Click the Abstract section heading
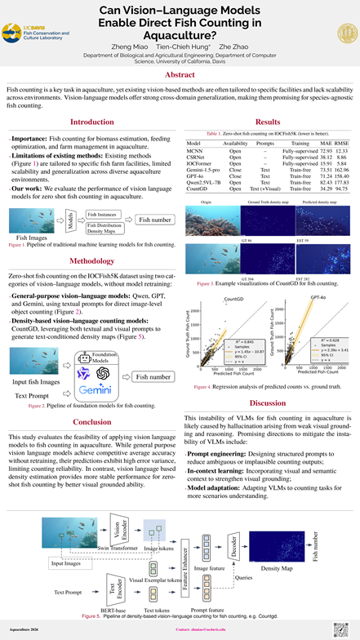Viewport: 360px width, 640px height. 180,74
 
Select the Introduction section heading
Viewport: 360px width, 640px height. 92,122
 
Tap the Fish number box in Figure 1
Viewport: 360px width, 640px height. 154,220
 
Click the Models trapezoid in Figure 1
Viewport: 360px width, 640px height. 71,221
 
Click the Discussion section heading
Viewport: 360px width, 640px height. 267,402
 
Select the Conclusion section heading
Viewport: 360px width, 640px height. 92,421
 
